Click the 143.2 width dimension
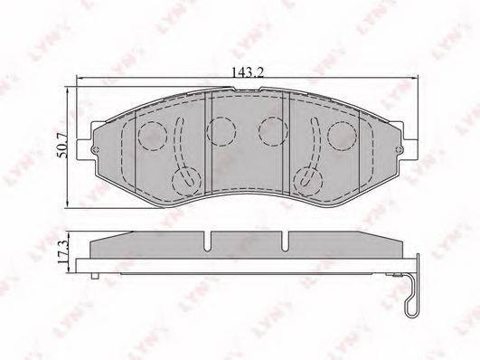click(x=248, y=73)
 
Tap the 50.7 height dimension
click(x=62, y=146)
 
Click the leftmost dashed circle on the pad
click(x=152, y=135)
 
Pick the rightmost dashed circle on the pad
click(x=343, y=135)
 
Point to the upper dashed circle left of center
click(x=221, y=131)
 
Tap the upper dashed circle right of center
click(x=273, y=131)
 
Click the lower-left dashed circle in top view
click(x=186, y=182)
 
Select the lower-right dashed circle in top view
click(x=308, y=182)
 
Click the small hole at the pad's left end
click(x=95, y=150)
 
